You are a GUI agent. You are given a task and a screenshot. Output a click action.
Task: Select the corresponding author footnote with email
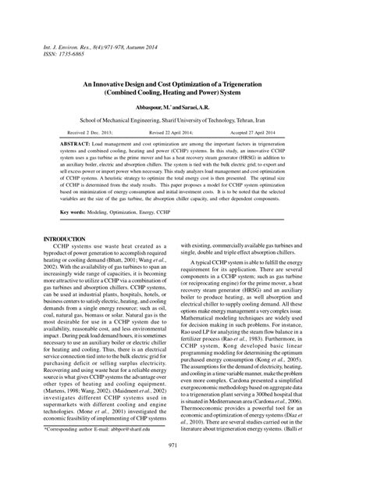(96, 451)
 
